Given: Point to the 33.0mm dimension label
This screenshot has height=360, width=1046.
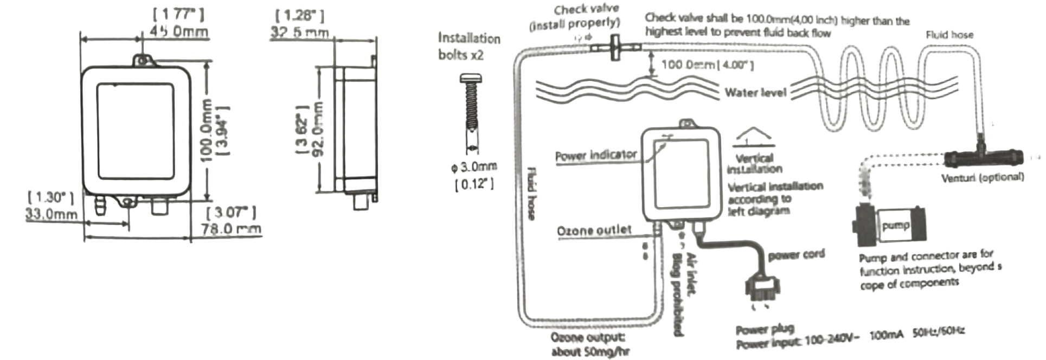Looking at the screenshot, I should [x=52, y=214].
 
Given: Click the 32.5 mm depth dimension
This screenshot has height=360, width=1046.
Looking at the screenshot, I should [x=300, y=32].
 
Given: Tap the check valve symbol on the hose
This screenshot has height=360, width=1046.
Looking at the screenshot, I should [x=616, y=47].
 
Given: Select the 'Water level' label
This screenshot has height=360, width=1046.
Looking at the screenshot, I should [x=755, y=93].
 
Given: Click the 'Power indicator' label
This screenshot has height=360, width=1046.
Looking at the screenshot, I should [x=595, y=156].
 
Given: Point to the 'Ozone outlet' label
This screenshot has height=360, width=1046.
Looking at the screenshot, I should [x=594, y=230].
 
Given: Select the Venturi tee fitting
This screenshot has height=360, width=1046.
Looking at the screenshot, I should [x=982, y=158].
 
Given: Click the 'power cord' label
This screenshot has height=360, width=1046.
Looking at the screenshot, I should [x=796, y=254].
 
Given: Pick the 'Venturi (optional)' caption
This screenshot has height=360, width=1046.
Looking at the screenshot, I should [x=982, y=177].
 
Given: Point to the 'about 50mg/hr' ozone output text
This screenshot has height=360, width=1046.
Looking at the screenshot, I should [x=591, y=352].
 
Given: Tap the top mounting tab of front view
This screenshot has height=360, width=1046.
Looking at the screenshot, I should [x=143, y=60].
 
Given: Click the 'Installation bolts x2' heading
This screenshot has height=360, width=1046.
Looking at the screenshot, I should [x=469, y=46].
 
